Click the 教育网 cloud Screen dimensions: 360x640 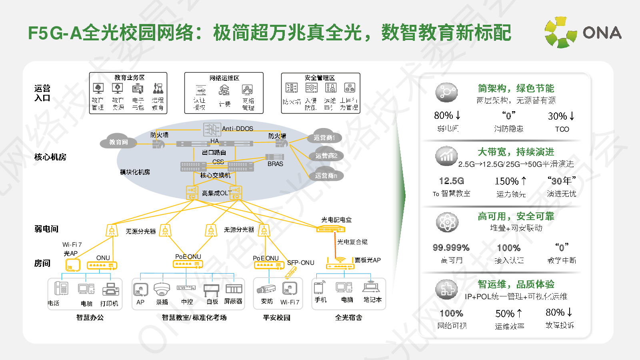tap(118, 142)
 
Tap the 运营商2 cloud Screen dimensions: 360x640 tap(326, 156)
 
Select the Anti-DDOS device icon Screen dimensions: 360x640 tap(212, 129)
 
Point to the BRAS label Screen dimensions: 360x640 tap(275, 164)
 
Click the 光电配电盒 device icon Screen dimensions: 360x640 tap(330, 229)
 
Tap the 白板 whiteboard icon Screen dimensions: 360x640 tap(211, 290)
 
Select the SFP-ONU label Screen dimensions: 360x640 tap(300, 263)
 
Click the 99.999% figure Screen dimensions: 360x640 tap(451, 248)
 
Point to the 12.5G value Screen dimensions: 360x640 tap(451, 181)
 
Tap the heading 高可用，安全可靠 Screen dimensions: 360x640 tap(516, 216)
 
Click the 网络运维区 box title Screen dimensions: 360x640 tap(224, 78)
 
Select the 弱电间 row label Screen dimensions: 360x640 tap(46, 229)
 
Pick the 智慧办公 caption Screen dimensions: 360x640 tap(90, 318)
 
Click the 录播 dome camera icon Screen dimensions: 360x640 tap(162, 289)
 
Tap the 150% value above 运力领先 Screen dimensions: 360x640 tap(510, 181)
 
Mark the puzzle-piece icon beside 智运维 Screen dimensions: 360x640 tap(446, 289)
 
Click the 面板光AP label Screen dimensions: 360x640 tap(368, 260)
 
